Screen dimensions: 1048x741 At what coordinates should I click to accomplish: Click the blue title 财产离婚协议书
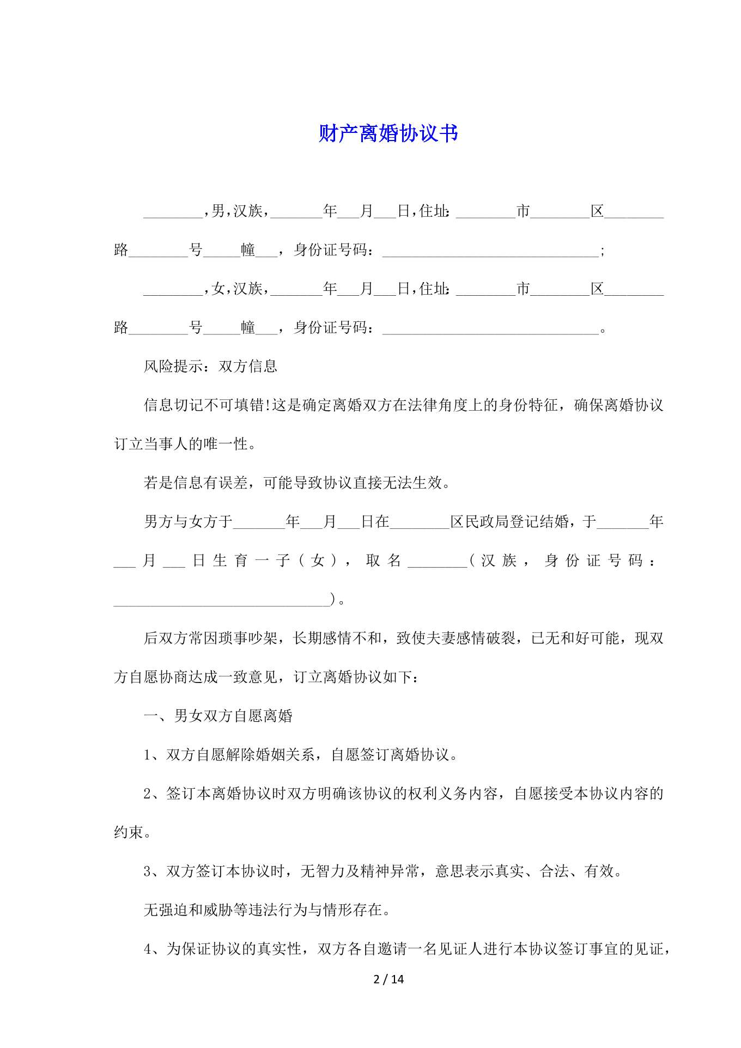coord(388,133)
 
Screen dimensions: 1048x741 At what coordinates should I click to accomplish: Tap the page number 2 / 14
coord(388,979)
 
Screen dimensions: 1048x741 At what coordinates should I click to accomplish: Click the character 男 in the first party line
coord(218,211)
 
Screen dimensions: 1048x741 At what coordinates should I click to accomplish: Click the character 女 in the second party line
coord(218,288)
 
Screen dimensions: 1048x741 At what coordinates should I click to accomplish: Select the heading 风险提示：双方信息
coord(210,366)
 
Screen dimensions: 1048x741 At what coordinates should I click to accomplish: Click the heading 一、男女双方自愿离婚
coord(218,716)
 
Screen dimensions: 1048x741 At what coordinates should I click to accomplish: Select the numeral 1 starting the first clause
coord(147,755)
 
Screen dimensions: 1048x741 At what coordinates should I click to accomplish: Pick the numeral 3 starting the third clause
coord(147,872)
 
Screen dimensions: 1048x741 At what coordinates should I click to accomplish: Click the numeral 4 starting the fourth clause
coord(147,949)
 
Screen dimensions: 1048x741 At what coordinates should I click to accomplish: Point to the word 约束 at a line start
coord(129,832)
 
